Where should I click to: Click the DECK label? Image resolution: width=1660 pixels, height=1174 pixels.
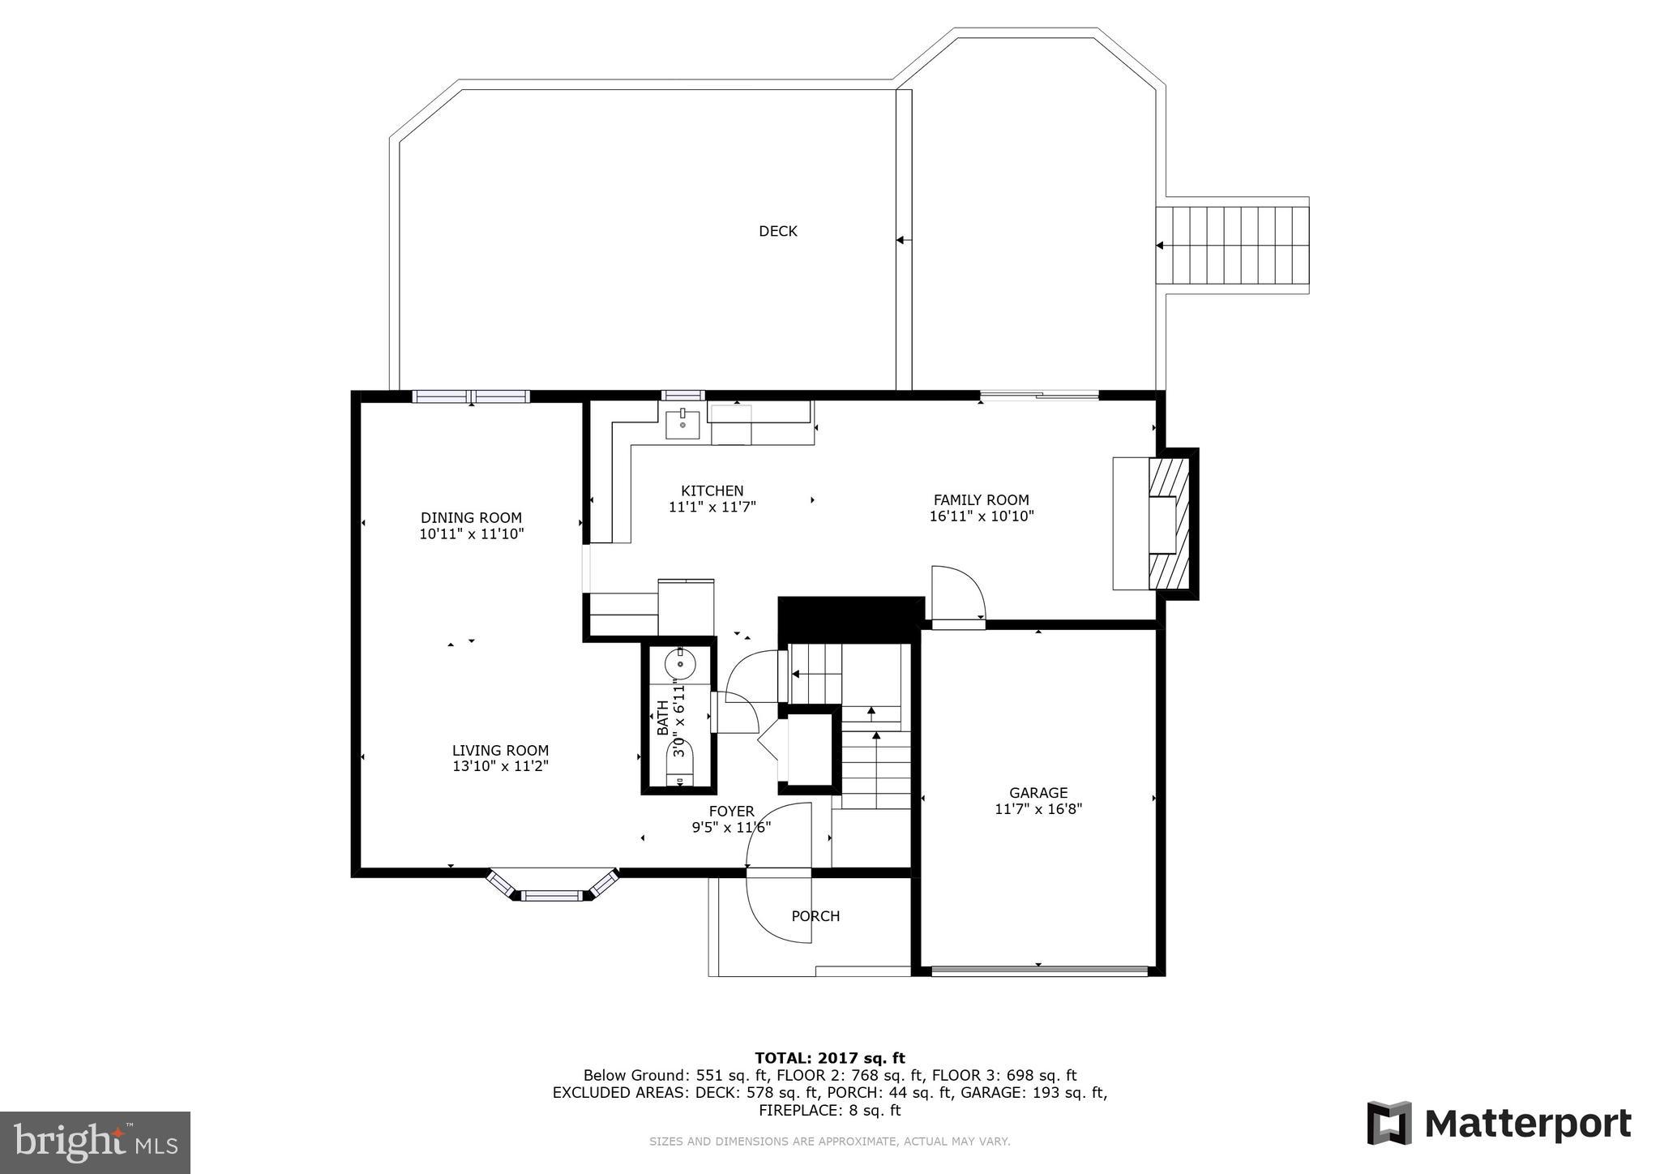(x=777, y=232)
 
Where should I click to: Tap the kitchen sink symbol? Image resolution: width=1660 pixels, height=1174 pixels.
(x=682, y=424)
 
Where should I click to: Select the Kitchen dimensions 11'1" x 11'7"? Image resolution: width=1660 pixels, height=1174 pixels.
(x=712, y=508)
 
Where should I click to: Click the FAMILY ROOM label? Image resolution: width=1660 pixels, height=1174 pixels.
(x=981, y=500)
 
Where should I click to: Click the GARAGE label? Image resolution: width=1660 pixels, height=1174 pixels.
(x=1037, y=793)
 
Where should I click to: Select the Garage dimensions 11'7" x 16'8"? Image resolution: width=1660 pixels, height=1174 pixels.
(x=1037, y=809)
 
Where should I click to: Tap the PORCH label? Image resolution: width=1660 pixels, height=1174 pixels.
(x=815, y=916)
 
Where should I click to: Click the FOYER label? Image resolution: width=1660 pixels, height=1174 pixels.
(x=731, y=812)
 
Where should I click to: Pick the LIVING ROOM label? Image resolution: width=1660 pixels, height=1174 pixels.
(x=500, y=751)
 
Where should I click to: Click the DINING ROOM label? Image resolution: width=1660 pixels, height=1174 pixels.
(x=471, y=518)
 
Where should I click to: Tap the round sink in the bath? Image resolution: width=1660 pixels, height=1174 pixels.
(x=680, y=665)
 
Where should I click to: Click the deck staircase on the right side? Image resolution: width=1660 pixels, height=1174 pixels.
(x=1232, y=245)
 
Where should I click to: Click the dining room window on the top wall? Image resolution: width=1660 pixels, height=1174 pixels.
(x=471, y=396)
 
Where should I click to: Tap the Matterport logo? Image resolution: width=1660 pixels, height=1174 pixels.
(x=1499, y=1124)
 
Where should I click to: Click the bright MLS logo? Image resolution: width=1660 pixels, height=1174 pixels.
(x=95, y=1142)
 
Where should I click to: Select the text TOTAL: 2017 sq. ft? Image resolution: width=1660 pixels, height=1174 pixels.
(x=829, y=1058)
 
